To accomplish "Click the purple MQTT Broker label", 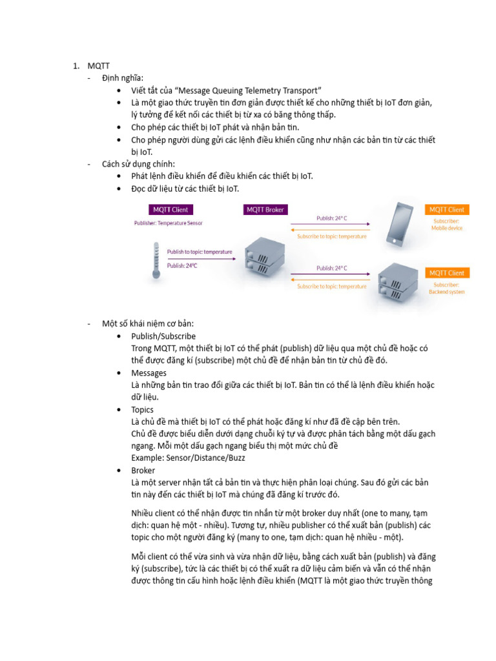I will pyautogui.click(x=265, y=210).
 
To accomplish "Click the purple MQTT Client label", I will pyautogui.click(x=170, y=210).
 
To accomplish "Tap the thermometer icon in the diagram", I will pyautogui.click(x=156, y=260).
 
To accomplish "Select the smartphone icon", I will pyautogui.click(x=400, y=226).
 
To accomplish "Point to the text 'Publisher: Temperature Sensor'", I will pyautogui.click(x=168, y=223).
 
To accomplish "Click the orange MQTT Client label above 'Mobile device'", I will pyautogui.click(x=447, y=210).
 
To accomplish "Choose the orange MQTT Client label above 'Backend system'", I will pyautogui.click(x=447, y=273).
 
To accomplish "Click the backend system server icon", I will pyautogui.click(x=397, y=281).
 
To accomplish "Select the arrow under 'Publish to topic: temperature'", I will pyautogui.click(x=200, y=258).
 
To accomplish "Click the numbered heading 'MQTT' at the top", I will pyautogui.click(x=99, y=65).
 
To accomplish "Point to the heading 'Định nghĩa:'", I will pyautogui.click(x=123, y=77).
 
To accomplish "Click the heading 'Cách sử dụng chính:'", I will pyautogui.click(x=138, y=164).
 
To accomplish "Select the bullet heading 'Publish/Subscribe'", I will pyautogui.click(x=163, y=336).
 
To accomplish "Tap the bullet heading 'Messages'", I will pyautogui.click(x=149, y=373).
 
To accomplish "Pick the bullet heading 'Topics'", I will pyautogui.click(x=142, y=409).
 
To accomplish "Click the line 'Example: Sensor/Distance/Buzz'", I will pyautogui.click(x=188, y=458).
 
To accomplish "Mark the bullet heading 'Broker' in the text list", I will pyautogui.click(x=143, y=471).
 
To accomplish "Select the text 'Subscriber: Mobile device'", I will pyautogui.click(x=447, y=224).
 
